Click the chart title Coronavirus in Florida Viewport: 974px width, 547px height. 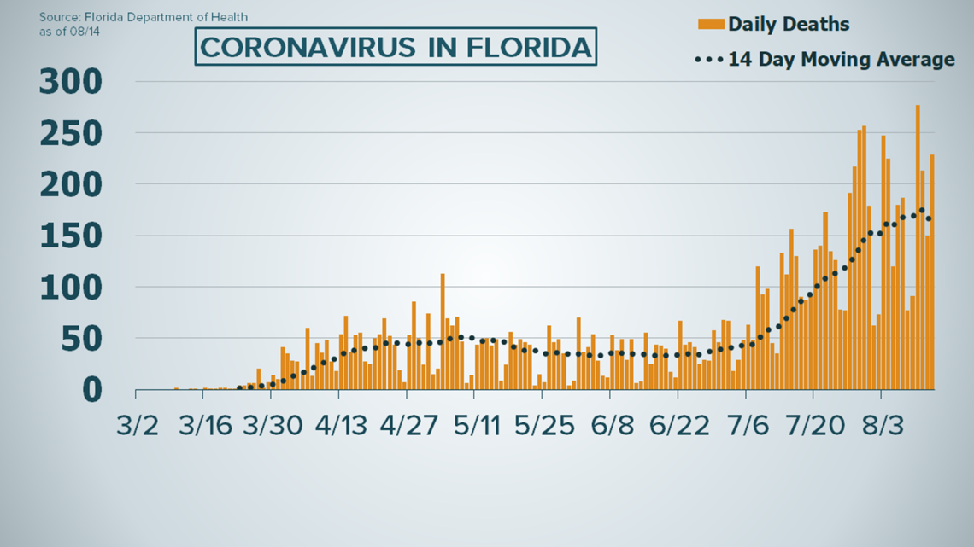point(396,47)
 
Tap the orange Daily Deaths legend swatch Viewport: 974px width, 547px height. point(711,23)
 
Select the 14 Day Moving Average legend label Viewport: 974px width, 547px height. point(841,60)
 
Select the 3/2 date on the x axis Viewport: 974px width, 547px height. point(136,426)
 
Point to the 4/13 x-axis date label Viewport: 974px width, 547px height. point(339,426)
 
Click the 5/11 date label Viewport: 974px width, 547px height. point(475,426)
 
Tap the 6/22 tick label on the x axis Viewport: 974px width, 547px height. point(678,426)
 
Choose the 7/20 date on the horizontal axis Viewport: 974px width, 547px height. point(813,426)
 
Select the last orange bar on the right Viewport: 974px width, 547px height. point(932,272)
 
